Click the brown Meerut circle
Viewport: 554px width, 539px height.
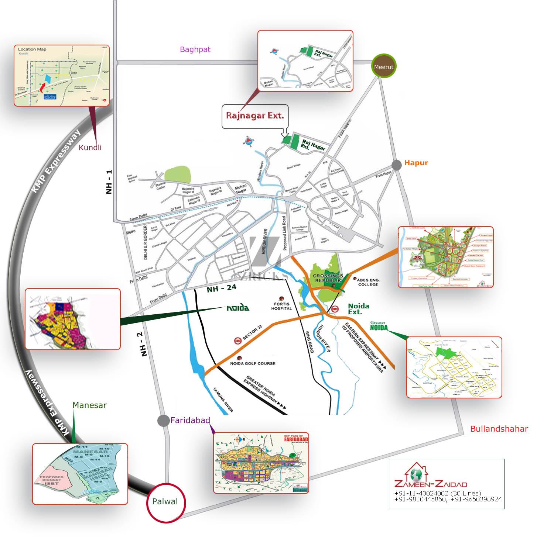click(x=384, y=67)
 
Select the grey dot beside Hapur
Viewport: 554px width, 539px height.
click(x=397, y=165)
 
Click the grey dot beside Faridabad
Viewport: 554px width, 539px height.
click(x=163, y=421)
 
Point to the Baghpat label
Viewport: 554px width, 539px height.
click(x=195, y=49)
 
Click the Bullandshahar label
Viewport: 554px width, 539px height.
click(x=499, y=429)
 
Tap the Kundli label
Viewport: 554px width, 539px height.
click(x=90, y=148)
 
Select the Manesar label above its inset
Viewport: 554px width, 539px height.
click(x=89, y=405)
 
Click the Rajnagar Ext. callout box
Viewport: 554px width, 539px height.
click(x=255, y=116)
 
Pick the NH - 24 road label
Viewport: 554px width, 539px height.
click(x=221, y=288)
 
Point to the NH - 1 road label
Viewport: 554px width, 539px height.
click(x=109, y=182)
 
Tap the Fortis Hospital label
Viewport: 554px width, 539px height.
click(x=281, y=306)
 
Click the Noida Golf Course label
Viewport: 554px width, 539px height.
click(x=253, y=363)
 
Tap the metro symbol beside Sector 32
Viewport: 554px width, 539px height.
click(x=238, y=341)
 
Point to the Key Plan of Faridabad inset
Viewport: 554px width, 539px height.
click(x=261, y=463)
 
